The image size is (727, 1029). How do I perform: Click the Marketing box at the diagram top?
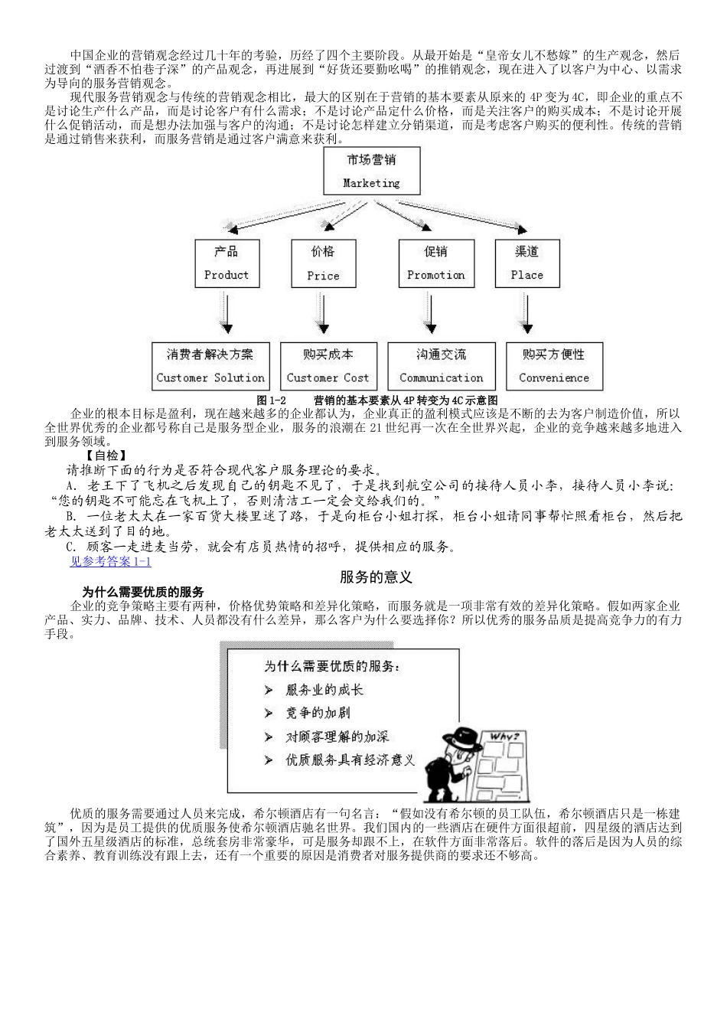coord(371,171)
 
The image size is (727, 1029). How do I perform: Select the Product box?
coord(227,263)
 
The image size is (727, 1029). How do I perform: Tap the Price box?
coord(323,263)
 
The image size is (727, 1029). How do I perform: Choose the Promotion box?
coord(435,263)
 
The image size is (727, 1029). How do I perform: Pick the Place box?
coord(527,263)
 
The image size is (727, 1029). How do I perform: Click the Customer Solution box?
coord(210,365)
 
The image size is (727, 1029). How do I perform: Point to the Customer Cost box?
coord(328,365)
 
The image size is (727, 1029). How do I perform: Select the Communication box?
coord(441,365)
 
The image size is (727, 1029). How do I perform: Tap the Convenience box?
coord(554,365)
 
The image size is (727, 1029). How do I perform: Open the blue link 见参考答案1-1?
coord(110,561)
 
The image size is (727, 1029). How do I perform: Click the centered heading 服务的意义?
coord(376,577)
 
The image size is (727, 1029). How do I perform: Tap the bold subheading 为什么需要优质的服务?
coord(143,592)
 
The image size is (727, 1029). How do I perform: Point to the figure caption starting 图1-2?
coord(377,400)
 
